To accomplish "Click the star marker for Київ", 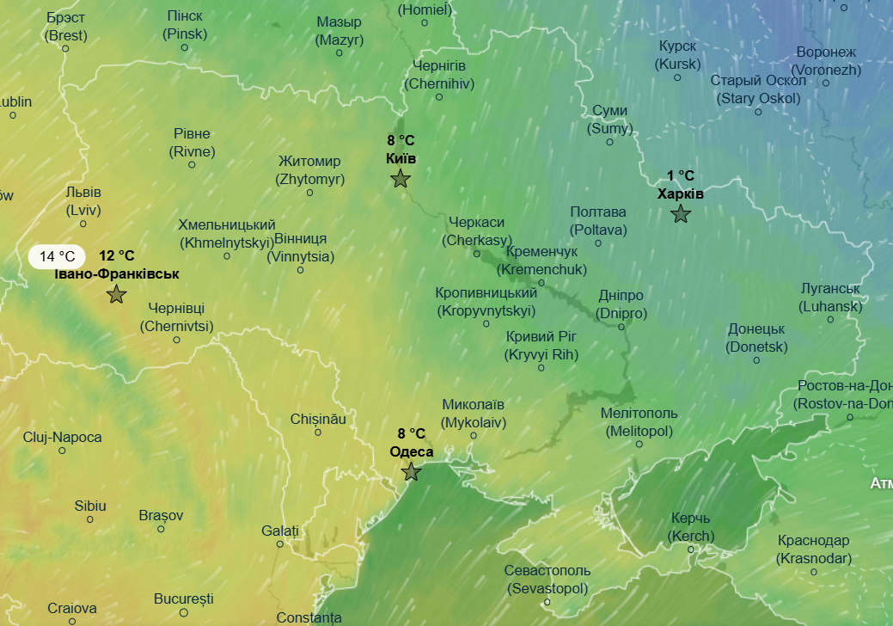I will [x=401, y=179].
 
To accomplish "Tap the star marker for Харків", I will [x=681, y=214].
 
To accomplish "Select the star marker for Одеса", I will [x=412, y=472].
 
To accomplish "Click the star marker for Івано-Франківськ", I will [x=117, y=295].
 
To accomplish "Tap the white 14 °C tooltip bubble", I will [x=58, y=256].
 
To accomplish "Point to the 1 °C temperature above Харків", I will [x=681, y=176].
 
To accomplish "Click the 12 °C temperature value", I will [x=117, y=255].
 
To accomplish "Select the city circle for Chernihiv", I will [x=439, y=97].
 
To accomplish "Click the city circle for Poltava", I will [x=599, y=243].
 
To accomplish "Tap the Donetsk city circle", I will [x=756, y=360].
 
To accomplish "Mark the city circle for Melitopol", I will [x=639, y=445].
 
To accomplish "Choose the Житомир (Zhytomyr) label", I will [x=309, y=170].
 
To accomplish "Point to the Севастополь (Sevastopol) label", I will [x=547, y=580].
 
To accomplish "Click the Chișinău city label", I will [x=318, y=419].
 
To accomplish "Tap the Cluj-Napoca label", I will [x=62, y=437].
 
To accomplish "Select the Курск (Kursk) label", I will [x=678, y=55].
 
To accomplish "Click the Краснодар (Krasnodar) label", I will [x=813, y=549].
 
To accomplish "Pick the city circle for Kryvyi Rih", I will [x=541, y=368].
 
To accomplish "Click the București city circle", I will [x=184, y=613].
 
